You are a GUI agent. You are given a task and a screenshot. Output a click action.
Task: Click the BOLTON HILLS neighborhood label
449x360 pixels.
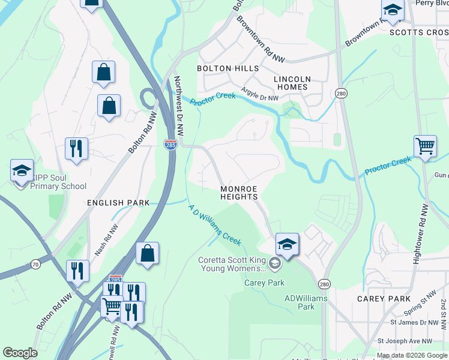coord(228,68)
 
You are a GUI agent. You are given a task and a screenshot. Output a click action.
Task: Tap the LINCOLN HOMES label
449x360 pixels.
coord(292,83)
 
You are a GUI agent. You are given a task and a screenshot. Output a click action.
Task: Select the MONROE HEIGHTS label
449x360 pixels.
coord(238,193)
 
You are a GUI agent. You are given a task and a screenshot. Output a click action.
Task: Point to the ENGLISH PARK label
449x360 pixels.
coord(118,203)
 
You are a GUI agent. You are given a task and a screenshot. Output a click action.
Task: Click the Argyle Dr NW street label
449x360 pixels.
coord(260,94)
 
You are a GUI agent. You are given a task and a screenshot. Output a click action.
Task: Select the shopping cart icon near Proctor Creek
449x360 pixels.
coord(425,146)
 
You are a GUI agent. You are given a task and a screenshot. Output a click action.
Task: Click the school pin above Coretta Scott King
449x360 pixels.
coord(287,244)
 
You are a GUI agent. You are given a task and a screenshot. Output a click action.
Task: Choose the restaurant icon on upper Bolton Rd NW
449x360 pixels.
coord(77,149)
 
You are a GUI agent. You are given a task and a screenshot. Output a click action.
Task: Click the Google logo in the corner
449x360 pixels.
coord(20,353)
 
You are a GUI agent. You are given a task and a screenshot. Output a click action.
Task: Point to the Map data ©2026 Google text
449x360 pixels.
coord(412,355)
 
